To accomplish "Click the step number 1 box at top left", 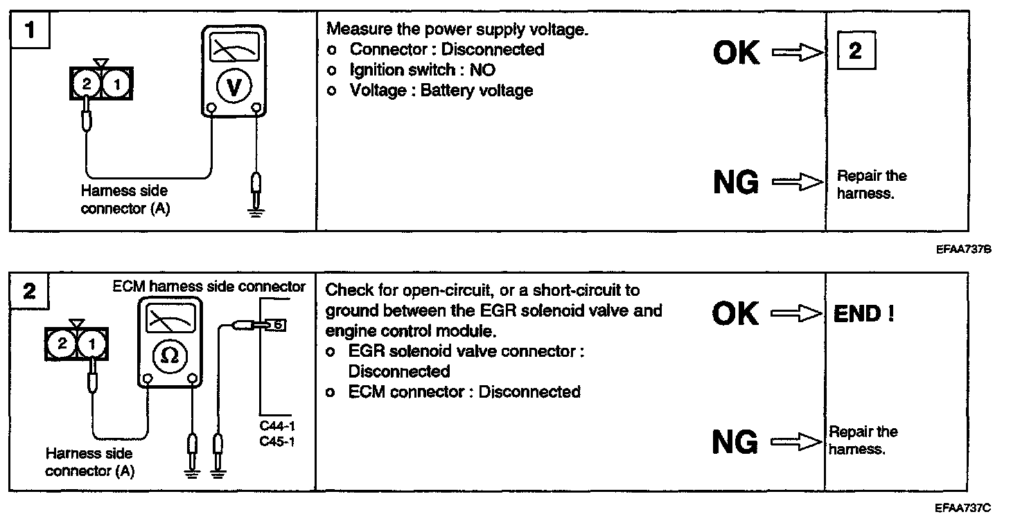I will coord(29,30).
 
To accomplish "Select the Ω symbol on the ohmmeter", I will coord(169,355).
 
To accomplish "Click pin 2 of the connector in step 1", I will coord(86,85).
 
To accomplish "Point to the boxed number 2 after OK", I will coord(856,51).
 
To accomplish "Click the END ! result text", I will coord(863,314).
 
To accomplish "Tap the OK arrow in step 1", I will coord(797,53).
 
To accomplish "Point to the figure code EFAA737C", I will coord(962,509).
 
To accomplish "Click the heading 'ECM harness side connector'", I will coord(209,287).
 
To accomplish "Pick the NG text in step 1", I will coord(736,183).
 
